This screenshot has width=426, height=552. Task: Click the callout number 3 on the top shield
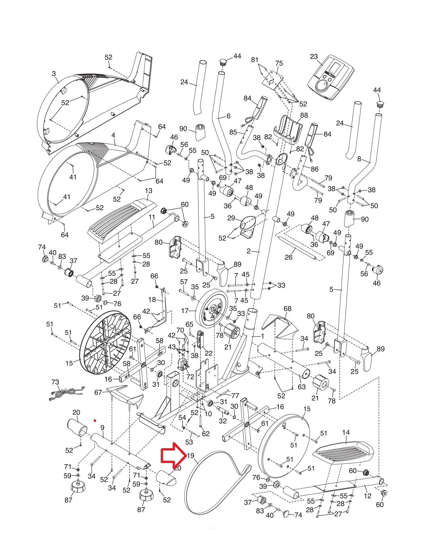pyautogui.click(x=54, y=74)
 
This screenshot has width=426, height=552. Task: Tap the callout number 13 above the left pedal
pyautogui.click(x=148, y=191)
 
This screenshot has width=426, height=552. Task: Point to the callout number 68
pyautogui.click(x=287, y=309)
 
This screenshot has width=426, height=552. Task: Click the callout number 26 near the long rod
pyautogui.click(x=289, y=257)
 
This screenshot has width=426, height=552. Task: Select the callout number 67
pyautogui.click(x=98, y=392)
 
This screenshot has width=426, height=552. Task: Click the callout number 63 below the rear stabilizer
pyautogui.click(x=302, y=387)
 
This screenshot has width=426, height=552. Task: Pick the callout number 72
pyautogui.click(x=190, y=377)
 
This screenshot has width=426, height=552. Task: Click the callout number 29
pyautogui.click(x=231, y=218)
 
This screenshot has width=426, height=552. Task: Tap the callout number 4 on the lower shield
pyautogui.click(x=113, y=135)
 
